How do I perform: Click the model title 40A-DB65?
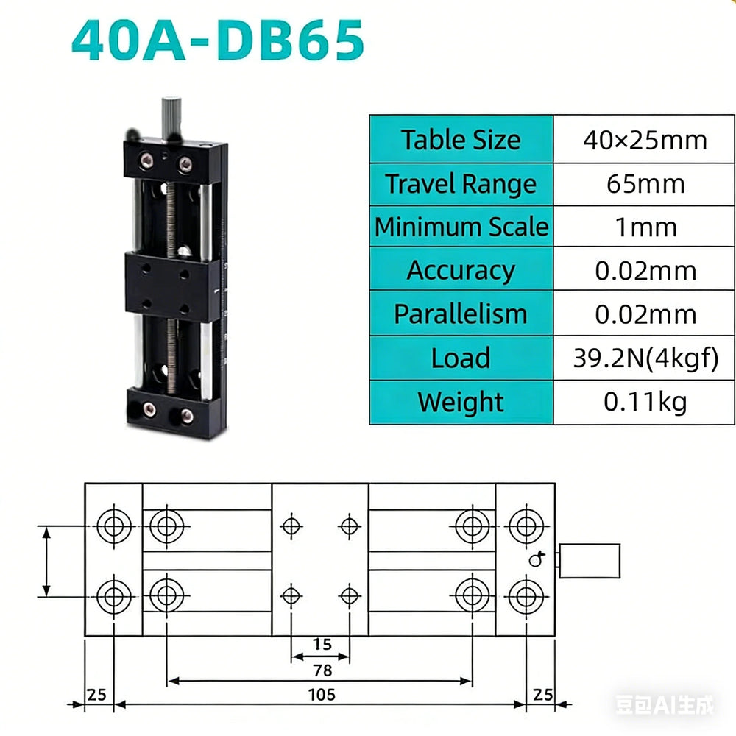pos(218,40)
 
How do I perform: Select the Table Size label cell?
pos(461,139)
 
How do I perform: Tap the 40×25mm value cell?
pos(645,139)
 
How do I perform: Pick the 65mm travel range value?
pos(645,184)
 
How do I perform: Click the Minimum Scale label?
pos(461,227)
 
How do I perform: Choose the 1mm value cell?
pos(645,227)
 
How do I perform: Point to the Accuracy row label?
pos(461,270)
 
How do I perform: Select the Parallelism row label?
pos(461,314)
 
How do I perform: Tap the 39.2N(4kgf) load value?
pos(646,358)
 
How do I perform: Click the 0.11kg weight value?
pos(645,403)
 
